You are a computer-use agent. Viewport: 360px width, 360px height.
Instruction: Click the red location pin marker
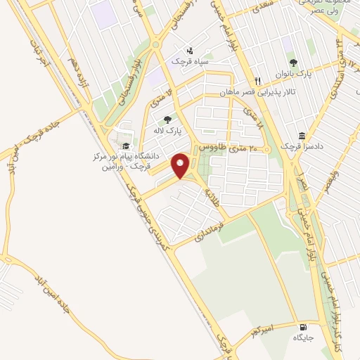[181, 166]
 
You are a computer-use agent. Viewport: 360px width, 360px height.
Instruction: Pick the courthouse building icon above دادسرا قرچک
[302, 135]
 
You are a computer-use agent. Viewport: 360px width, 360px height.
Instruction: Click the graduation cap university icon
[126, 146]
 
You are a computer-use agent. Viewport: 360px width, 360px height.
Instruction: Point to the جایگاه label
[303, 337]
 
